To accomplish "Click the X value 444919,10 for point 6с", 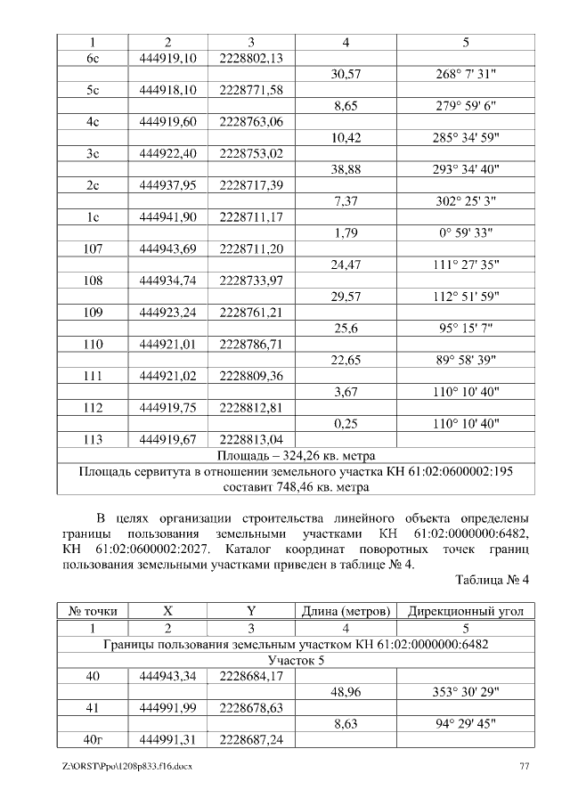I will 167,59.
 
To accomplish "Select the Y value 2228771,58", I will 251,91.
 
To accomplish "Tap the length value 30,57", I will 345,75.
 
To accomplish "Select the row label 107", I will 93,249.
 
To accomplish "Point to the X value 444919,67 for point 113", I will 167,440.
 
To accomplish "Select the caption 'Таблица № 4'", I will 492,580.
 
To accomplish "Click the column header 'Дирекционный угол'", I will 471,613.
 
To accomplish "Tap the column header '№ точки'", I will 93,613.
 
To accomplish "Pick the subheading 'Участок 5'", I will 296,661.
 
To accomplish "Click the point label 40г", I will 93,740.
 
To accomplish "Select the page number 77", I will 525,766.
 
